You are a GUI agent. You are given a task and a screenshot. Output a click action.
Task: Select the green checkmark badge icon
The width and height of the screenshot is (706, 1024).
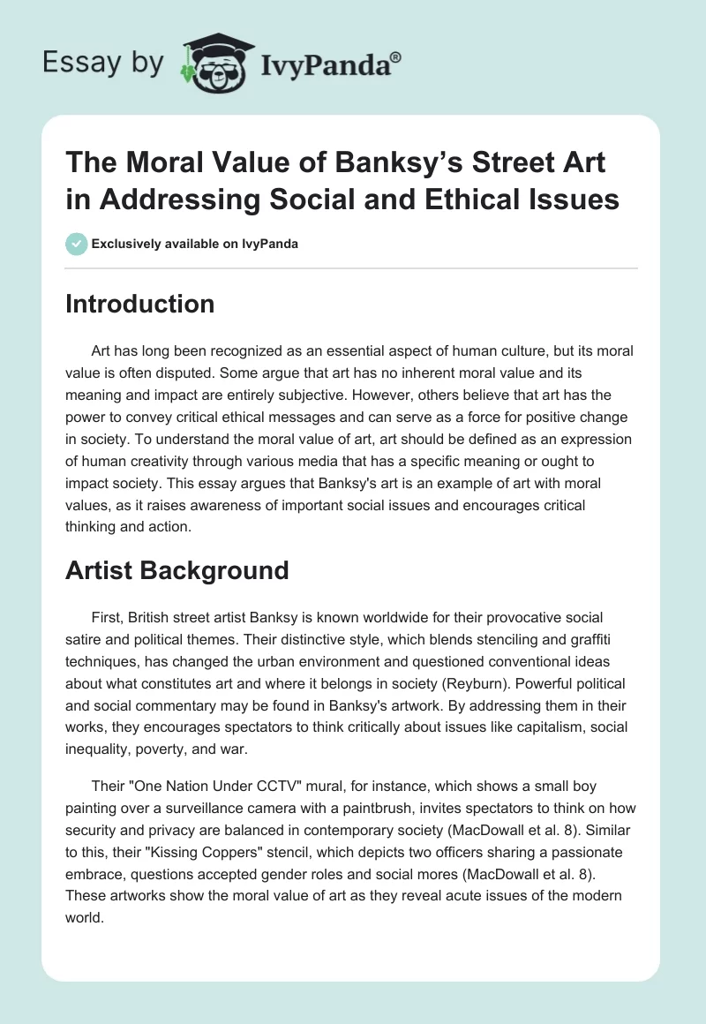(x=76, y=244)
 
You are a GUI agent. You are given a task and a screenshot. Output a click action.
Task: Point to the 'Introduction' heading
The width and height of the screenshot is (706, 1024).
(x=139, y=304)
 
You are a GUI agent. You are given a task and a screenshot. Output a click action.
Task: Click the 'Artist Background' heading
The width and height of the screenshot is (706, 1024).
(x=177, y=570)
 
